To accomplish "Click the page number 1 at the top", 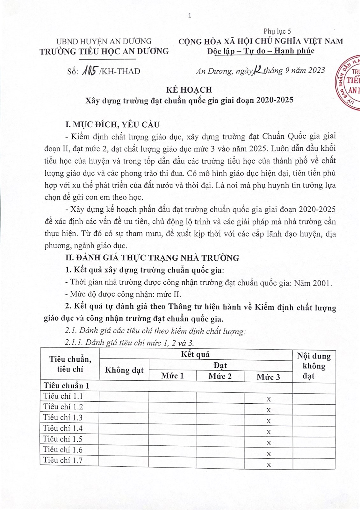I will coord(190,16).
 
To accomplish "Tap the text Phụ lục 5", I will coord(277,31).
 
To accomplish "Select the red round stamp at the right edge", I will coord(349,84).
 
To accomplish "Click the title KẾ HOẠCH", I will coord(189,90).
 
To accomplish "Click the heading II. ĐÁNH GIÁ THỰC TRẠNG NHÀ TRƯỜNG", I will coord(152,258).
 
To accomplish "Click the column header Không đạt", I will coord(124,370).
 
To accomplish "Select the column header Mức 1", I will coord(172,376).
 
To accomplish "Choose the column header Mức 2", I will coord(220,376).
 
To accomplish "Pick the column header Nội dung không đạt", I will coord(313,366).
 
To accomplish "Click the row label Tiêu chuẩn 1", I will coord(67,386).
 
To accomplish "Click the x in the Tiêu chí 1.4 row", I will coord(269,432).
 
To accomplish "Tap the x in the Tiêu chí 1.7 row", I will coord(269,465).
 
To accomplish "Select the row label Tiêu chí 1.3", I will coord(63,417).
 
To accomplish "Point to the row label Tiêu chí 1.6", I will coord(63,450).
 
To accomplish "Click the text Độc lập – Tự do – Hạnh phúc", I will coord(261,51).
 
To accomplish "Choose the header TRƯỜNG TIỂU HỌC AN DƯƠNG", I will coord(104,51).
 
